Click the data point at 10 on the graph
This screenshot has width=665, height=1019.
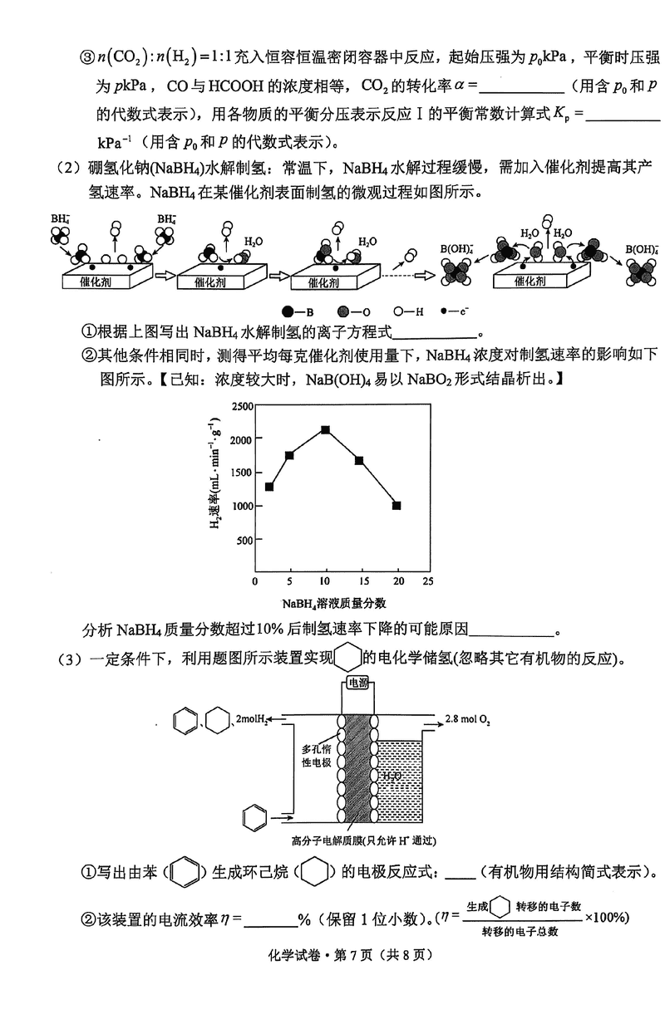click(326, 429)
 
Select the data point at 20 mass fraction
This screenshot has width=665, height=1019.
click(397, 505)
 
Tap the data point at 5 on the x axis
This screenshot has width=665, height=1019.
click(289, 455)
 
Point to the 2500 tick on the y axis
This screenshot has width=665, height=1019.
click(241, 406)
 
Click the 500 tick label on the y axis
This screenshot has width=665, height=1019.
click(244, 540)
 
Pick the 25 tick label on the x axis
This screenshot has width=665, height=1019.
click(427, 581)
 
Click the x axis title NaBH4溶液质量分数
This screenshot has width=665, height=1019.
click(332, 604)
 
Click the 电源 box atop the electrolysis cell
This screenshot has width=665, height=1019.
click(357, 683)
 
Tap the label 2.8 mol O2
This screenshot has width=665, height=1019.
click(468, 717)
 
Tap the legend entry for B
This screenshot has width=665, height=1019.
click(293, 311)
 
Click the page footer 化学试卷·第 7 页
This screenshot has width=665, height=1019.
click(332, 978)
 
